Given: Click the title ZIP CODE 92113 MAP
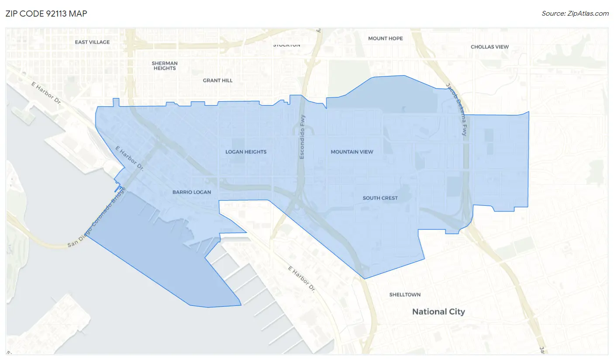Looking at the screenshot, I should [x=46, y=14].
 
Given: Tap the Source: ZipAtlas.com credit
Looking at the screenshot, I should [x=575, y=14].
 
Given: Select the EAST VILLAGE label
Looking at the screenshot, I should [x=92, y=42].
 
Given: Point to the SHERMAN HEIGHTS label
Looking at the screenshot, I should [x=165, y=66].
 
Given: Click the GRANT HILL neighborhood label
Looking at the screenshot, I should [x=217, y=80].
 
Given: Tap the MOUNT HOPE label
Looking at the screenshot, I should [x=385, y=38].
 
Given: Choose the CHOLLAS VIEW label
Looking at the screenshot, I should [x=490, y=47].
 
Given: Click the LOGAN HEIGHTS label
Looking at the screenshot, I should [x=246, y=152].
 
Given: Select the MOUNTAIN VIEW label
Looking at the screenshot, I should [x=352, y=152].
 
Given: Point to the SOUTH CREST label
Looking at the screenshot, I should [x=380, y=198].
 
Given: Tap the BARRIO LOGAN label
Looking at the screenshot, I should [x=192, y=192].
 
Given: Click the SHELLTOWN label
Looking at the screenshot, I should [x=405, y=295].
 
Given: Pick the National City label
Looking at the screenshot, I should [x=438, y=312].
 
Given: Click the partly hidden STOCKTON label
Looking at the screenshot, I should [x=286, y=45].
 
